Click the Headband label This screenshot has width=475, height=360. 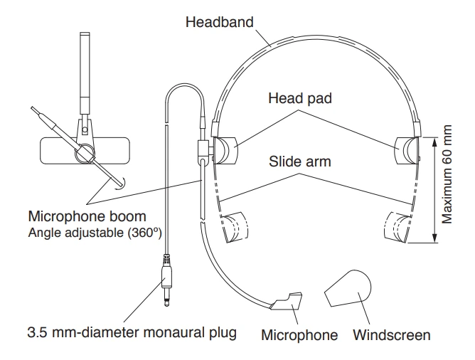(219, 21)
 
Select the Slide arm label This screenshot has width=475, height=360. (300, 162)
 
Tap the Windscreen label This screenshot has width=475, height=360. (392, 334)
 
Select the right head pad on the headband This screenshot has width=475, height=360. (411, 150)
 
